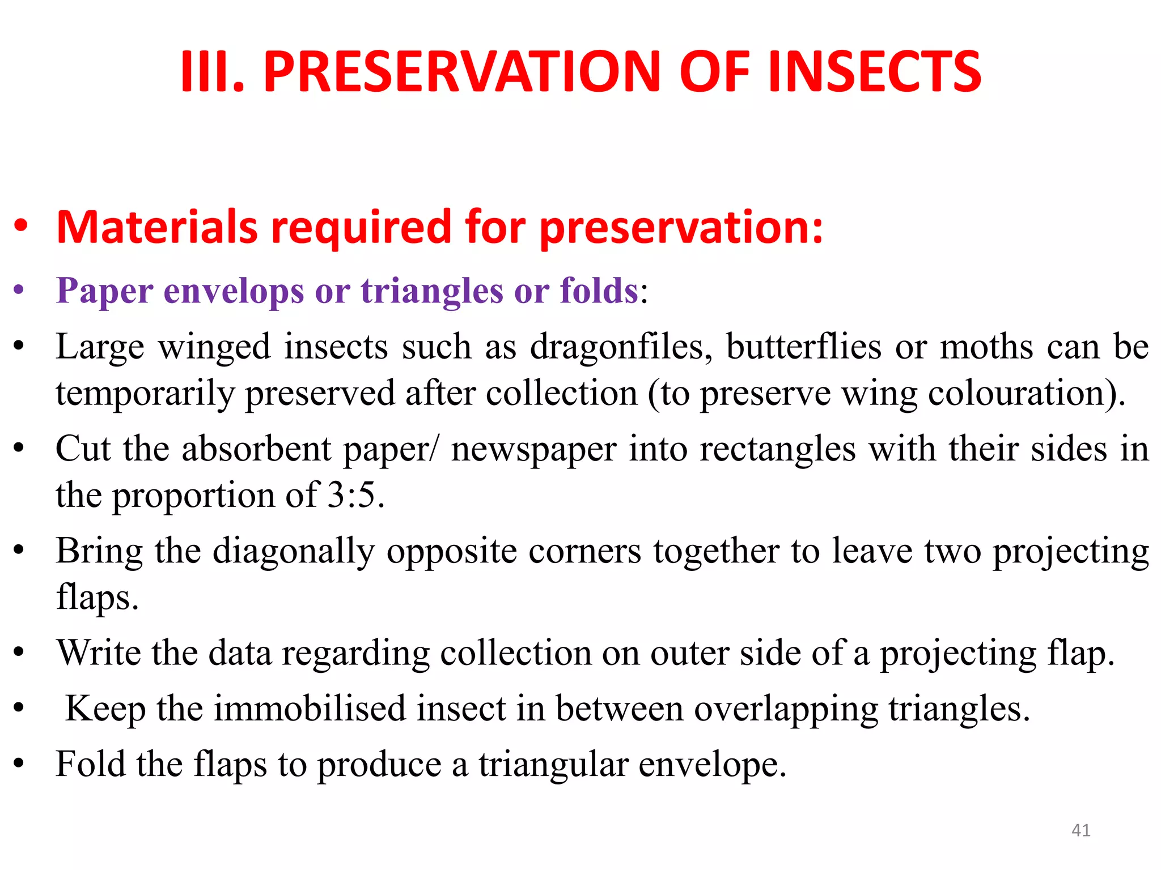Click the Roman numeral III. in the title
click(x=212, y=72)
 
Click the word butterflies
click(x=803, y=347)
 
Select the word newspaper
click(x=533, y=450)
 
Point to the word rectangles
click(x=777, y=450)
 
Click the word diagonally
click(x=294, y=552)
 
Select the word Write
click(x=98, y=653)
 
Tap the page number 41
click(x=1081, y=830)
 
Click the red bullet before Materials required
click(x=20, y=227)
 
